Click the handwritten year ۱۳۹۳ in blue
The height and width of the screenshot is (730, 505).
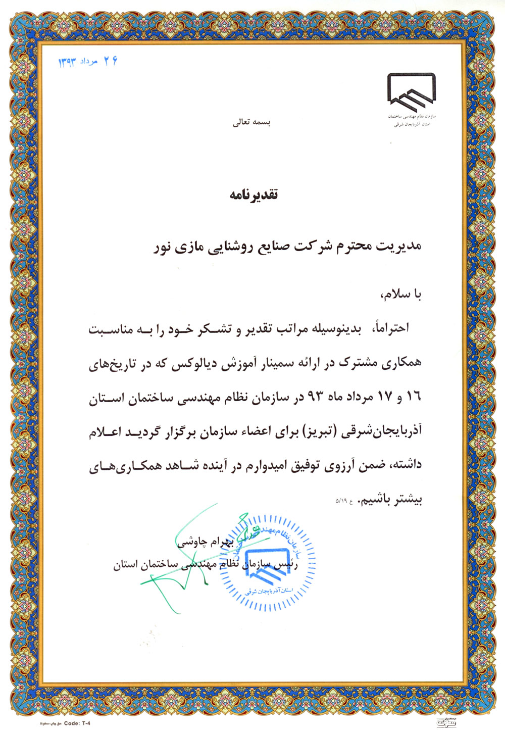click(67, 62)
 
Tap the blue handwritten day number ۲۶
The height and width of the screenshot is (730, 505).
click(111, 61)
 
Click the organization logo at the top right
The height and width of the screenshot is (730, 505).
click(411, 93)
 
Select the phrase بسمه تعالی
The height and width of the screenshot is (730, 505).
click(251, 123)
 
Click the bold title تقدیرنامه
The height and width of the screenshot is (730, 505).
click(254, 194)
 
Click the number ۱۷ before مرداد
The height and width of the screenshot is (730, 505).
click(385, 397)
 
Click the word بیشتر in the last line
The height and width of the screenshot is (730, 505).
click(409, 500)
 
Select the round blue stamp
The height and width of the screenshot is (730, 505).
click(268, 562)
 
